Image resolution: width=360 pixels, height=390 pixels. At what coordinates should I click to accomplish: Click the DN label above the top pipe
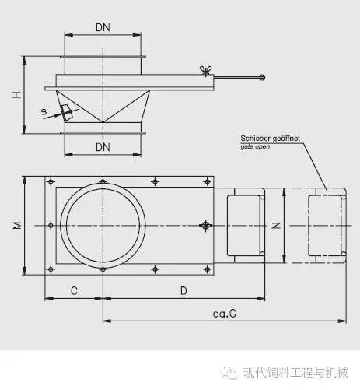pos(103,27)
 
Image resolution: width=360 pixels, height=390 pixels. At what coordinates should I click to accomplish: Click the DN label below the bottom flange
pos(103,147)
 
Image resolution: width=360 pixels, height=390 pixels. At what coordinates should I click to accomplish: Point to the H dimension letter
pos(17,95)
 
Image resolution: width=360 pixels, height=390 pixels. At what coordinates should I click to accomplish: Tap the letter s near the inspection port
pos(44,112)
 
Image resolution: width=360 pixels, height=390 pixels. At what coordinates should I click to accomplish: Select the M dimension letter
pos(17,226)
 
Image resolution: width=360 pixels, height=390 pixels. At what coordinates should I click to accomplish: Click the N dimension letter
pos(276,225)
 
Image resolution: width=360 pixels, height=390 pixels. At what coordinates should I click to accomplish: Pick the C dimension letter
pos(74,291)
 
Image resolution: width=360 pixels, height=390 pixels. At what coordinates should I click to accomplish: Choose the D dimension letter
pos(183,291)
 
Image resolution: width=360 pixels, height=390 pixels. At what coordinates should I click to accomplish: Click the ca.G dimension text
pos(225,314)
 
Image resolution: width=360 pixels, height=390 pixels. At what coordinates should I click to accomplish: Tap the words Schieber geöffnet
pos(271,139)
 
